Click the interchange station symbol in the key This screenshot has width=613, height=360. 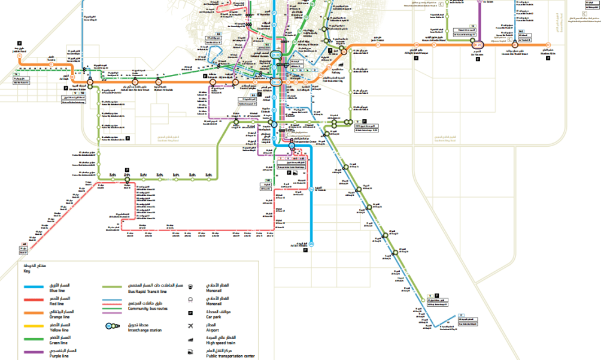coord(111,326)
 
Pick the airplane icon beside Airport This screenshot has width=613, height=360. coord(190,326)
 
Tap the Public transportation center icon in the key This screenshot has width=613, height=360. coord(190,353)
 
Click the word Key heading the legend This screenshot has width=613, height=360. coord(27,271)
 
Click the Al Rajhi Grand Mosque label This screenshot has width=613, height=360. coord(417,53)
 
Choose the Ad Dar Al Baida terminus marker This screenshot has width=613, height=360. coord(312,242)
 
